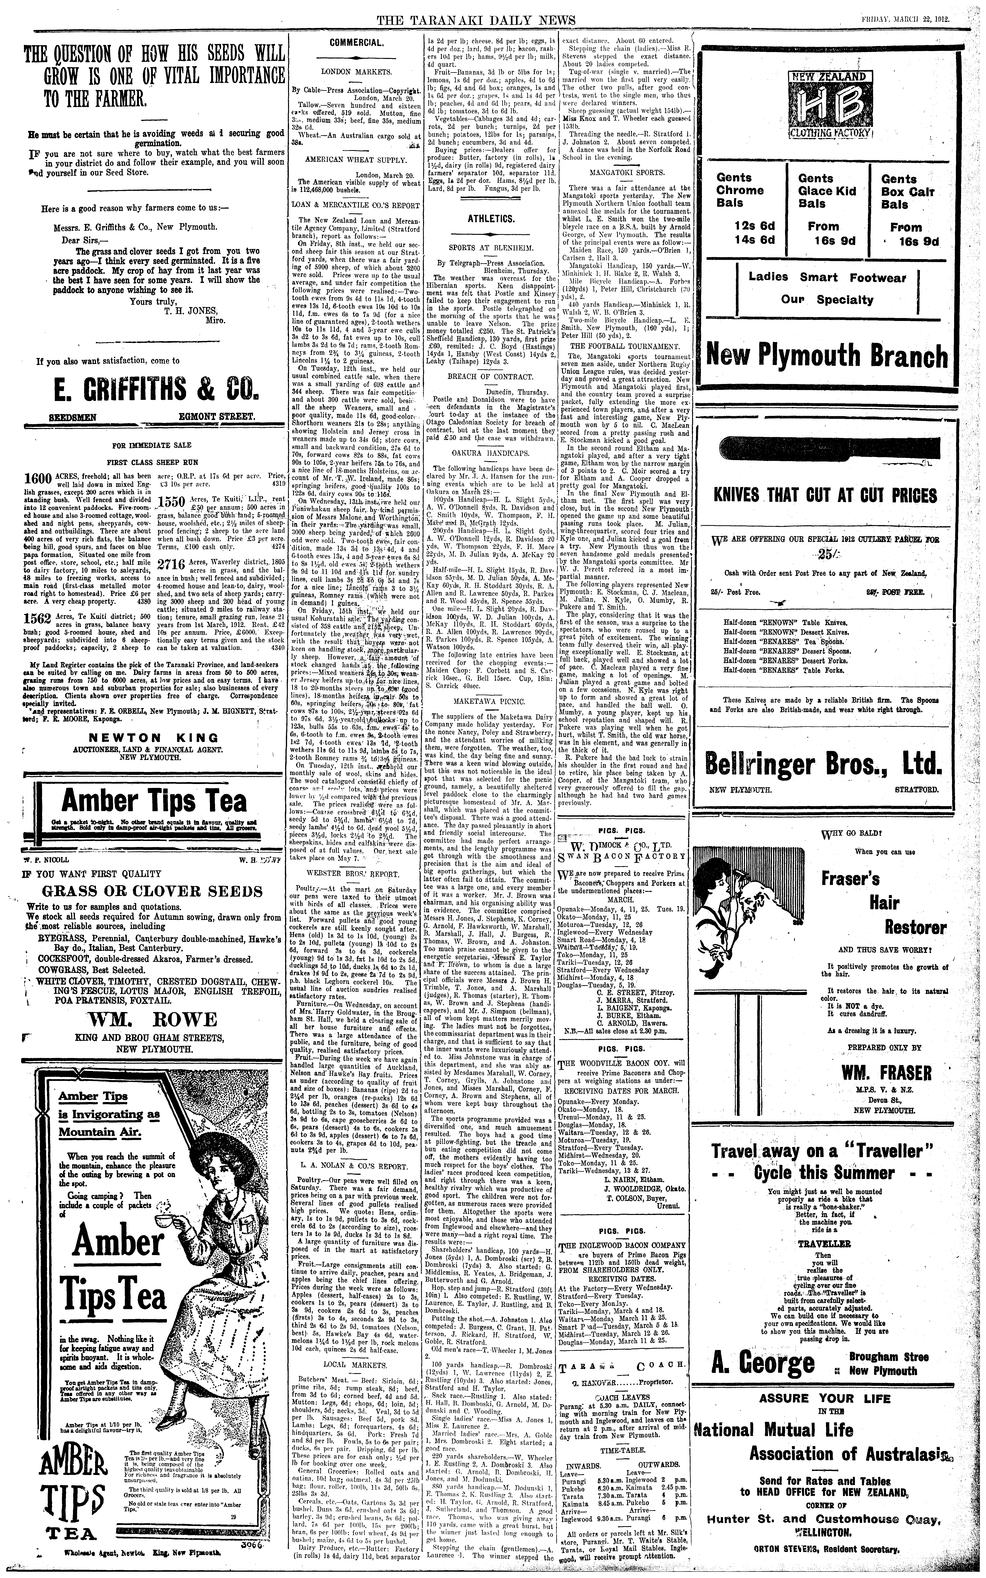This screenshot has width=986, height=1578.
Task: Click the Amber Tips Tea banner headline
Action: [154, 801]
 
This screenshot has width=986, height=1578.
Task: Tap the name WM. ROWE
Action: [154, 1020]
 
